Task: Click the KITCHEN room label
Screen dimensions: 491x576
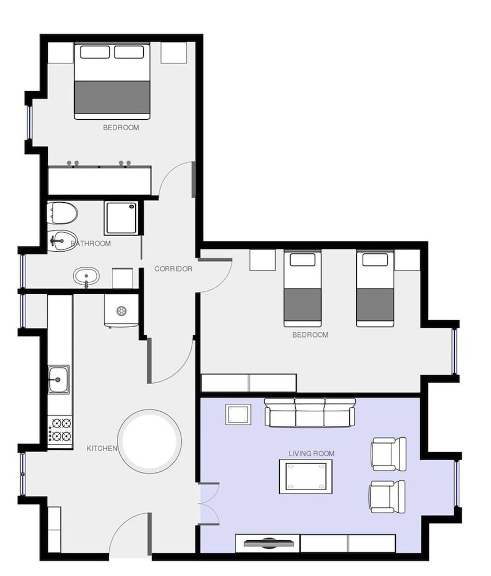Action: tap(102, 449)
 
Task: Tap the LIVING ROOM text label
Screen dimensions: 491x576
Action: tap(311, 454)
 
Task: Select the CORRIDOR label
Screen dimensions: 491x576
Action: tap(173, 269)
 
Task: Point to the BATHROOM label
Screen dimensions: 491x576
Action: tap(90, 243)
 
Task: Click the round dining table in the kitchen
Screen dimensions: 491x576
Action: tap(150, 442)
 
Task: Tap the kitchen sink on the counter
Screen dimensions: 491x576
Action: tap(58, 380)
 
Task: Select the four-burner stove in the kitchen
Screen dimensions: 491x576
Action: tap(60, 430)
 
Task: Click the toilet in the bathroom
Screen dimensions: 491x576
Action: tap(62, 213)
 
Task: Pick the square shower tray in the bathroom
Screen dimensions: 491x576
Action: tap(121, 218)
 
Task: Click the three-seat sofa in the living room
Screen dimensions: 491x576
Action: tap(310, 412)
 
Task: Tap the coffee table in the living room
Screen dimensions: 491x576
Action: tap(306, 476)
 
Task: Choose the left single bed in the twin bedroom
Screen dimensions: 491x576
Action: tap(303, 289)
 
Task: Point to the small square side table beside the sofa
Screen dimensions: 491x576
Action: tap(238, 414)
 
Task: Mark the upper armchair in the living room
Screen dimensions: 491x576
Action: tap(389, 454)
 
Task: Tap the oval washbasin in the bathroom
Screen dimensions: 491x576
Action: tap(86, 276)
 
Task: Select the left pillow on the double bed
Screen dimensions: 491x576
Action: tap(94, 52)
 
